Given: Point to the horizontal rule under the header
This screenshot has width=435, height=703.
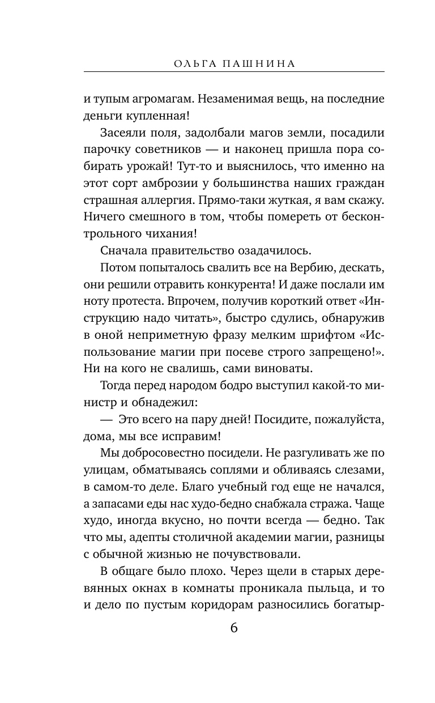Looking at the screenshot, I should click(x=234, y=72).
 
